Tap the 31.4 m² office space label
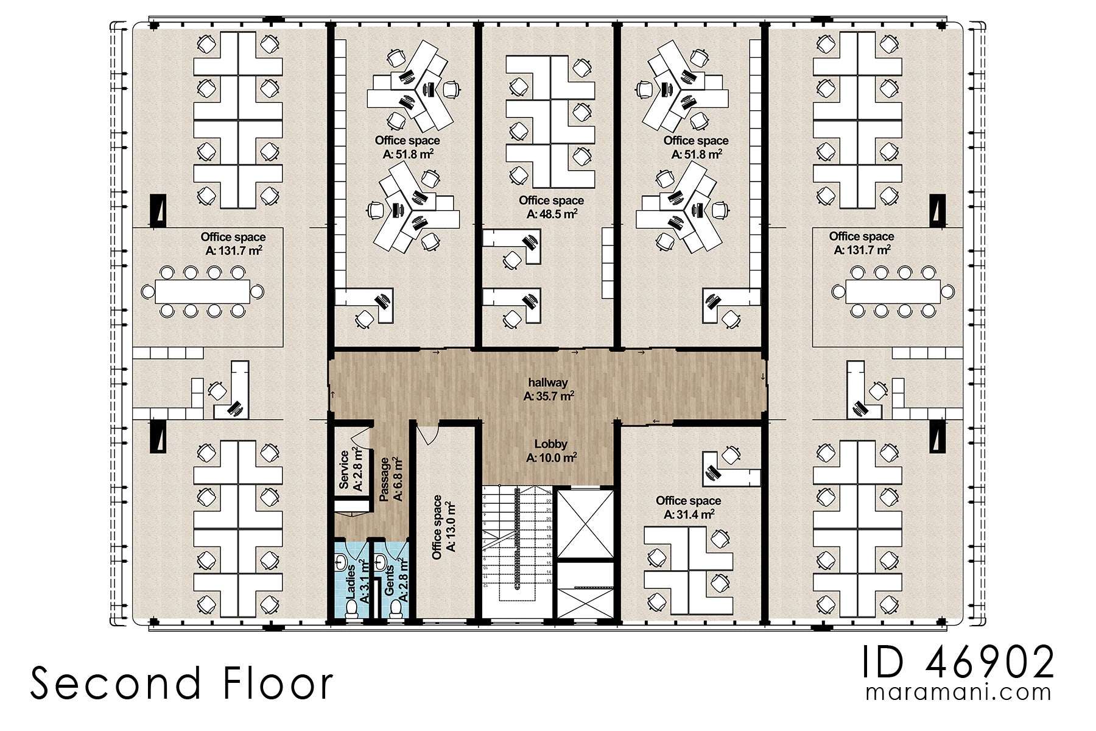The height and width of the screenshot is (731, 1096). pos(688,507)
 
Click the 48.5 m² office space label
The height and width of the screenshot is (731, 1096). pos(551,207)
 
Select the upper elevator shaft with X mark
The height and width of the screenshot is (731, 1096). pos(585,523)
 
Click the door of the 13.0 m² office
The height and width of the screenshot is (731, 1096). pos(429,432)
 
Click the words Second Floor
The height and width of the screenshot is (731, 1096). pos(181,683)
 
